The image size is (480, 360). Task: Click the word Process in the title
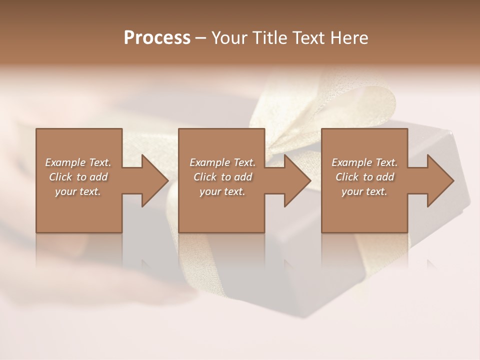pyautogui.click(x=157, y=38)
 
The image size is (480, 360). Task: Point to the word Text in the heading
pyautogui.click(x=309, y=38)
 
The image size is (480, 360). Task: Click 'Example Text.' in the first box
pyautogui.click(x=78, y=162)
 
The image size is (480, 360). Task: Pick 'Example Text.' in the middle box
pyautogui.click(x=222, y=162)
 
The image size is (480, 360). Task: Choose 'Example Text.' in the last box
pyautogui.click(x=364, y=162)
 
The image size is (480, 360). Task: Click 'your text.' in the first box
pyautogui.click(x=78, y=191)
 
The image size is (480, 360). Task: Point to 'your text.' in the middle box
pyautogui.click(x=222, y=191)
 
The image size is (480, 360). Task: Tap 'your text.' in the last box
pyautogui.click(x=364, y=191)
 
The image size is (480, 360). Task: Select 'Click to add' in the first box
pyautogui.click(x=78, y=177)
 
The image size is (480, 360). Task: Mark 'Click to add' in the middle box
pyautogui.click(x=222, y=177)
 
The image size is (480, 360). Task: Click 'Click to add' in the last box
pyautogui.click(x=364, y=177)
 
